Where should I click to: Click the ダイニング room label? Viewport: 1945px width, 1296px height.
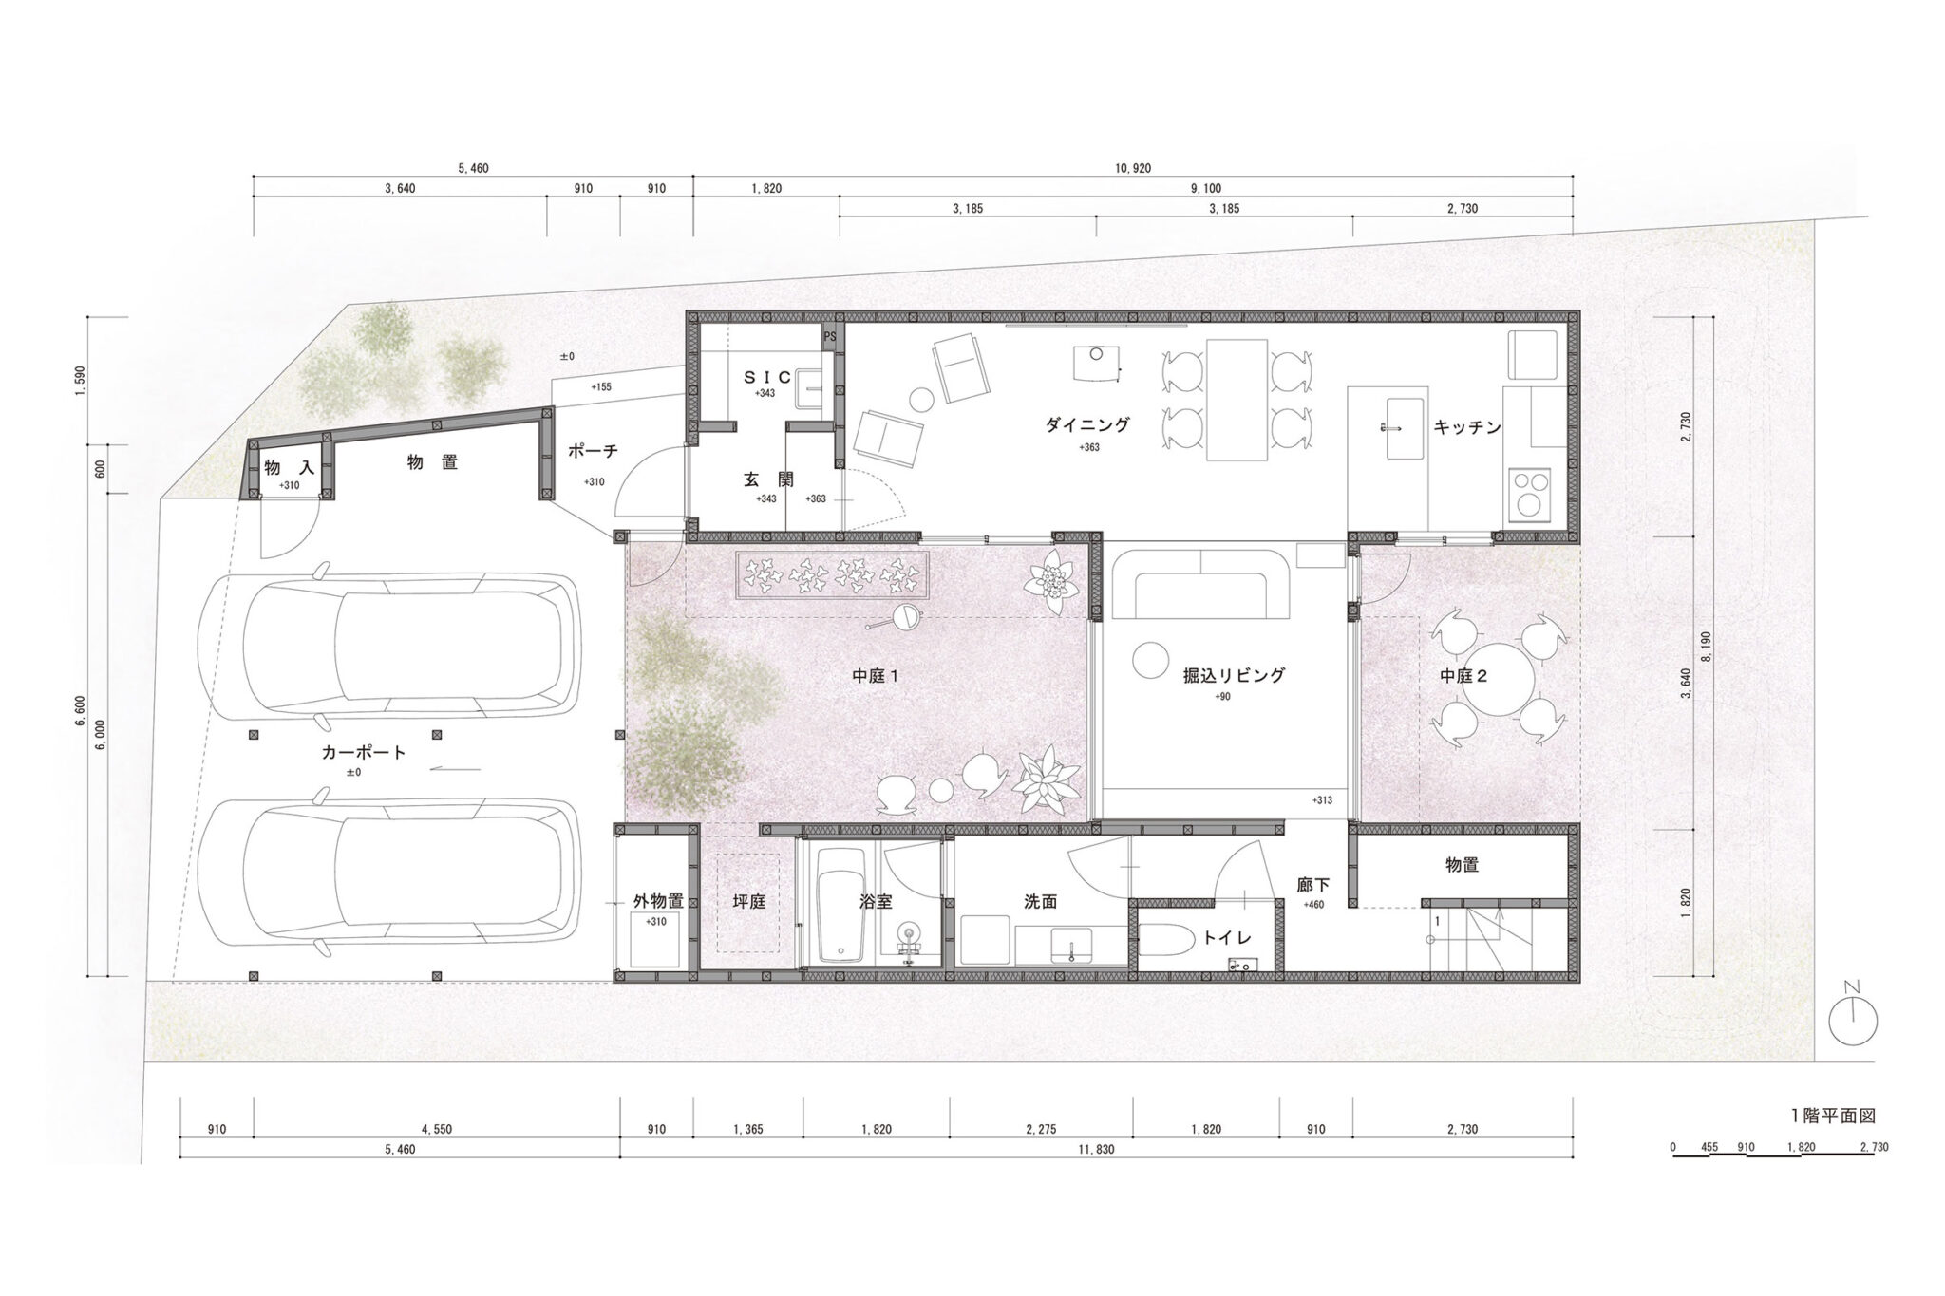(1087, 425)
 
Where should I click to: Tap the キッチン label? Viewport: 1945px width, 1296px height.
(1467, 427)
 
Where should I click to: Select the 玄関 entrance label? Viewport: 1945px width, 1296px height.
(767, 480)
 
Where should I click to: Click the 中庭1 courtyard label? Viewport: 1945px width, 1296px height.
(875, 676)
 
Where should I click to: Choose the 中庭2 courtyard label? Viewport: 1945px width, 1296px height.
(1463, 676)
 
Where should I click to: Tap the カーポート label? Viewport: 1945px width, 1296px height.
(364, 753)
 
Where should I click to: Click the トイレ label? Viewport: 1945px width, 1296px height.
(1227, 937)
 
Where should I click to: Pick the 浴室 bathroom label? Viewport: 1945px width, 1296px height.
(875, 902)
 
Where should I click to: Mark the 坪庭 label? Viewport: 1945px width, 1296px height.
(749, 902)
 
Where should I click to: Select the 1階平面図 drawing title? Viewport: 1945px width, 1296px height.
(1832, 1116)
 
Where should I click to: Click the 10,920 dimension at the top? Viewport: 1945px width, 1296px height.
(1132, 168)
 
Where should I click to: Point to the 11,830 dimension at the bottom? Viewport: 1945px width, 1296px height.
(1096, 1150)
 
